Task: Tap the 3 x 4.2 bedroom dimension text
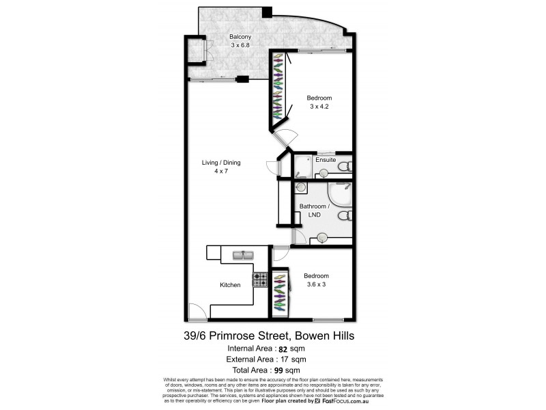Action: click(x=319, y=107)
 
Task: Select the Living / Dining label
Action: click(x=220, y=163)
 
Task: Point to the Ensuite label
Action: click(x=326, y=160)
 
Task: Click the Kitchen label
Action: click(x=229, y=284)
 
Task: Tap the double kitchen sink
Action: click(x=242, y=256)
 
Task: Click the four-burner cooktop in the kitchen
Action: click(x=260, y=279)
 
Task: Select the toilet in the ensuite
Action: click(x=345, y=166)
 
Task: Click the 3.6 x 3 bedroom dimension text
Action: click(x=314, y=284)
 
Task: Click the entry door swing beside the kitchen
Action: click(x=197, y=312)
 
